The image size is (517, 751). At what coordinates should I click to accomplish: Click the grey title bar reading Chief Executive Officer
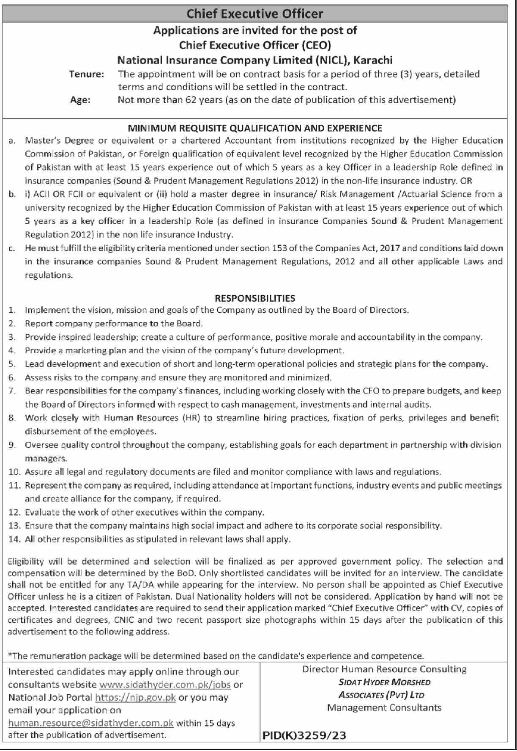255,14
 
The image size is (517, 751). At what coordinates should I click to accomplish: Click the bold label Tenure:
87,74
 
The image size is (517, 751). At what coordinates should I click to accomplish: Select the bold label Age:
80,101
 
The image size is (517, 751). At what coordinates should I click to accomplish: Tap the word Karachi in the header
373,60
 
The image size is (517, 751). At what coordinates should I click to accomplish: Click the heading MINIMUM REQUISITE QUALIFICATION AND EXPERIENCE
255,128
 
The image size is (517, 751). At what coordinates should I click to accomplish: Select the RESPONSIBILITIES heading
255,298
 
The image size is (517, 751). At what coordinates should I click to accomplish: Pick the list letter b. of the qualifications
11,194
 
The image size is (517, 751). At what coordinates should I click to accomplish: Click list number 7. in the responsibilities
12,391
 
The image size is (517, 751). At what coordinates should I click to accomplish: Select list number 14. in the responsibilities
14,539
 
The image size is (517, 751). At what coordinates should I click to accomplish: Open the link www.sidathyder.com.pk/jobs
165,685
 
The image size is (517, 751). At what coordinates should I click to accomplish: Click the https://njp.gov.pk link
135,698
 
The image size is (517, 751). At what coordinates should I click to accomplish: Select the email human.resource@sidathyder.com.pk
91,723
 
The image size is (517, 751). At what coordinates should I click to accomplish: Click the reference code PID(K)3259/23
304,736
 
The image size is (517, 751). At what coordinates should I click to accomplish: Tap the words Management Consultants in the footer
384,707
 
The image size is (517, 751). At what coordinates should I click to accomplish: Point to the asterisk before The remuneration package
10,655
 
